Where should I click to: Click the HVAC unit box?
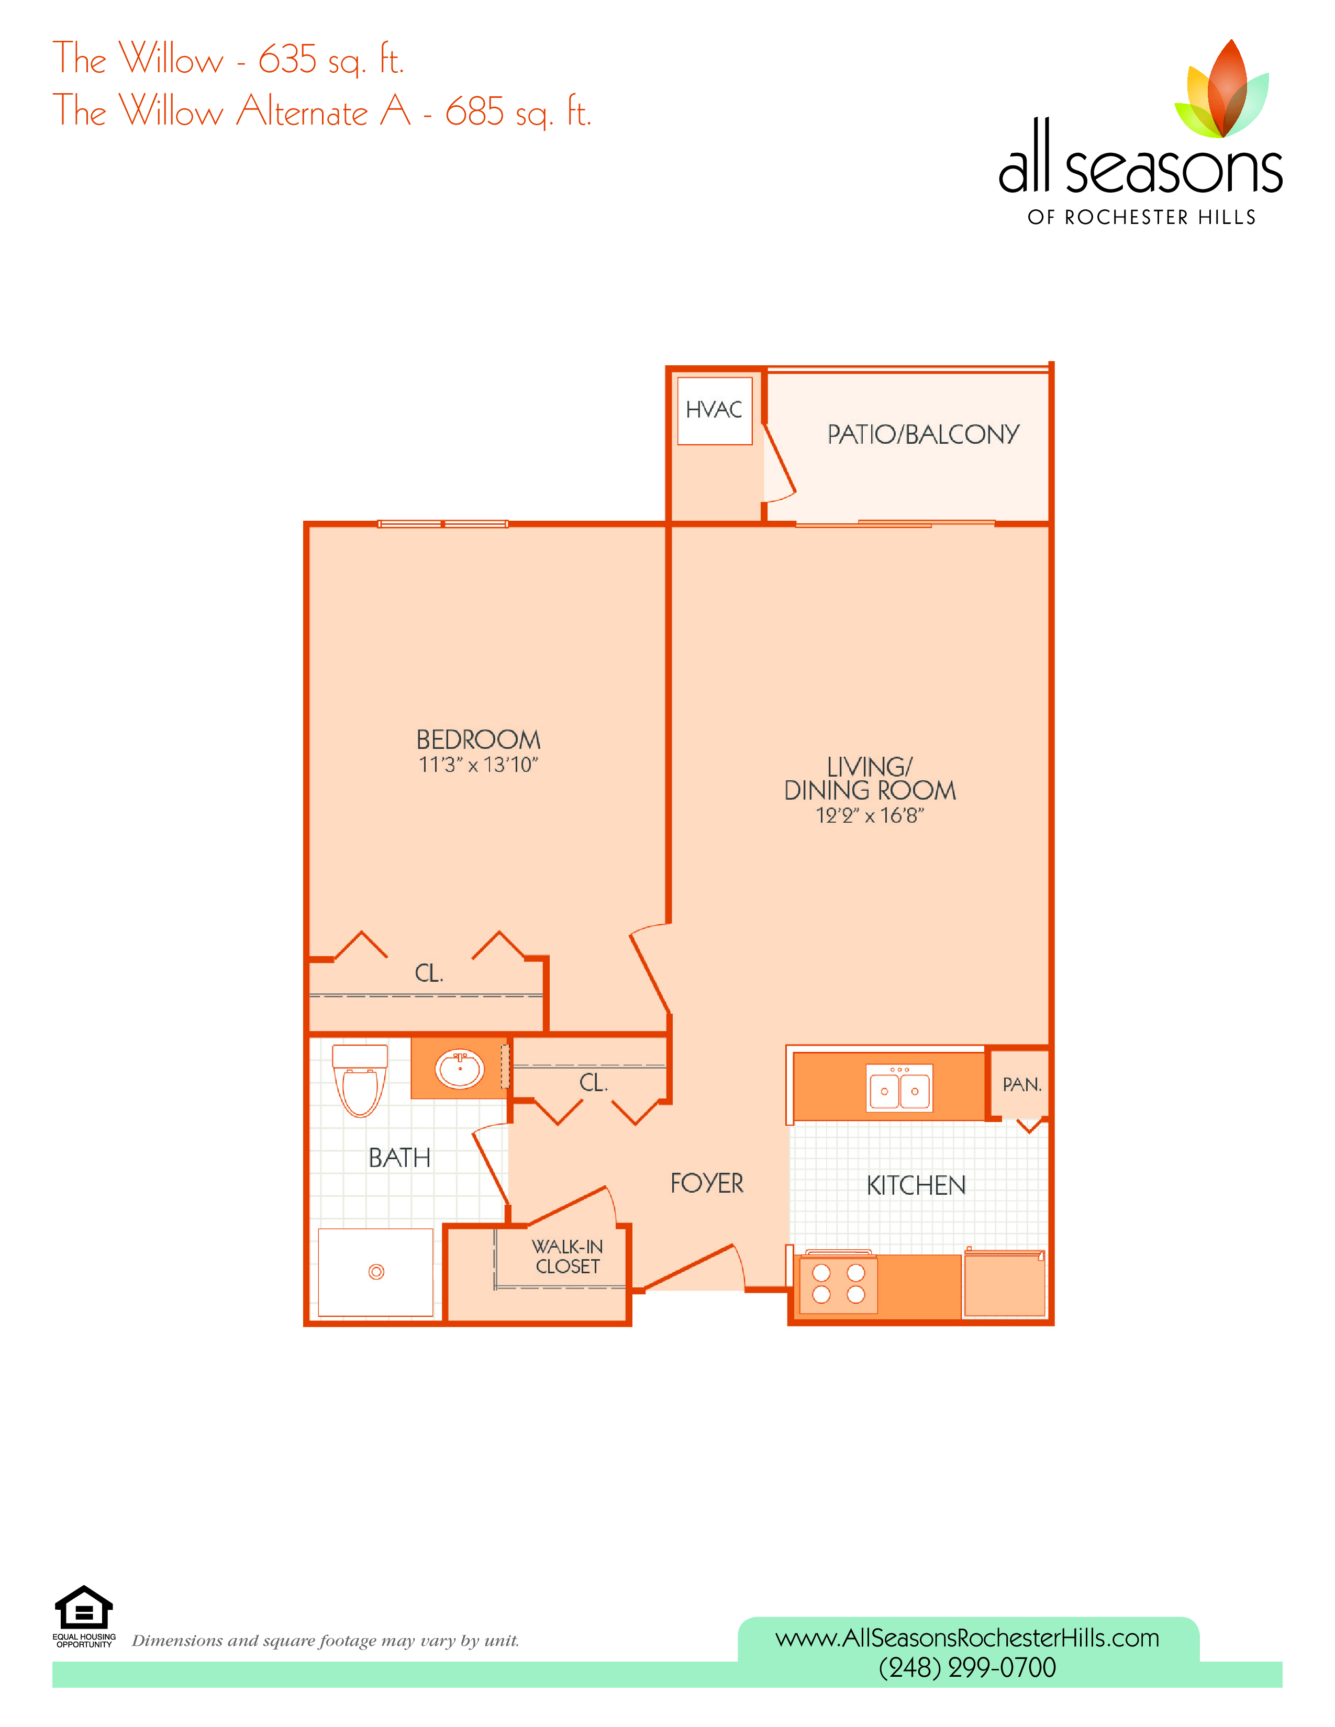(714, 411)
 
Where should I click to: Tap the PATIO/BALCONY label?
(923, 434)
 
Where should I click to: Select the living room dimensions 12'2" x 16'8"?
(870, 815)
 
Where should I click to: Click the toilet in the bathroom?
(360, 1080)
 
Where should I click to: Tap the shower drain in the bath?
(376, 1272)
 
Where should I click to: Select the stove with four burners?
(838, 1283)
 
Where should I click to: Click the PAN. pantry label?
(1022, 1084)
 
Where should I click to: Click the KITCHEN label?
(916, 1185)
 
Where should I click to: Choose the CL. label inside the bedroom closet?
(429, 973)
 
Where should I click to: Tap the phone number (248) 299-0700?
(967, 1668)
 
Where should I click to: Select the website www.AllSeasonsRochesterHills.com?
(967, 1638)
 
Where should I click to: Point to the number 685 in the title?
(474, 111)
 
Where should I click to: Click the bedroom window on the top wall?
(443, 523)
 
